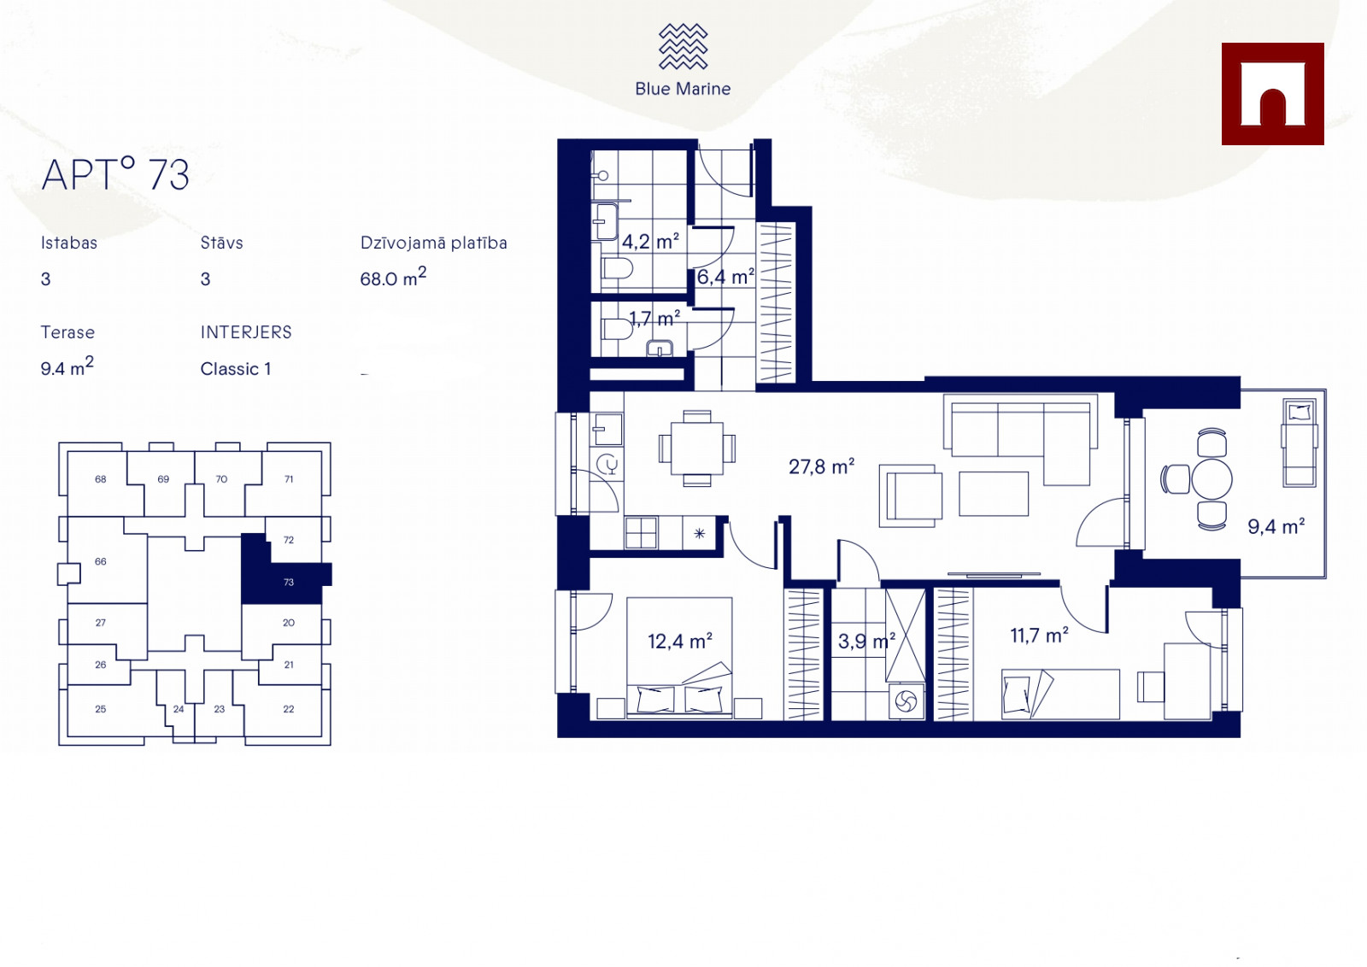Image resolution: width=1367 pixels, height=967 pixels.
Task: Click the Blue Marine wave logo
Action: point(683,46)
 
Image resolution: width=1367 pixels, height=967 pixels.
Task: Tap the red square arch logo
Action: point(1272,94)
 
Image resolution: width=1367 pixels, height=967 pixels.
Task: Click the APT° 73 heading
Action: point(115,174)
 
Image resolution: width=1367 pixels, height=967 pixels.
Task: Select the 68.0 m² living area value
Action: point(393,277)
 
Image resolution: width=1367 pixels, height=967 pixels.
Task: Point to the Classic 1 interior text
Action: point(236,369)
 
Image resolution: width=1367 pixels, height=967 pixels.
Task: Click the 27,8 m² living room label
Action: point(821,466)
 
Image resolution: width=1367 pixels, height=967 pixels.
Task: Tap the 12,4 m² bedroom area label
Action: point(680,642)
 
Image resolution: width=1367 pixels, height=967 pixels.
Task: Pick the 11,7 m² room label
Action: point(1039,636)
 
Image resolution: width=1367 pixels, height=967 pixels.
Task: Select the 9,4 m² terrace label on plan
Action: point(1276,526)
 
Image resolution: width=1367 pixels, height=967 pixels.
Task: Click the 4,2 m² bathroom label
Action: point(650,242)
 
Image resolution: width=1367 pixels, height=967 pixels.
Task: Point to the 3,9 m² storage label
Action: point(866,642)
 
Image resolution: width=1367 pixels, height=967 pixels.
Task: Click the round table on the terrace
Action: point(1212,479)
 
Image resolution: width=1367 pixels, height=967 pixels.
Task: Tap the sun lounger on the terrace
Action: point(1300,443)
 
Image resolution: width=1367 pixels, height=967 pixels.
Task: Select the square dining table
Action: point(697,448)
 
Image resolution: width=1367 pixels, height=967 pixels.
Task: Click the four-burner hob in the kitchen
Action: point(642,532)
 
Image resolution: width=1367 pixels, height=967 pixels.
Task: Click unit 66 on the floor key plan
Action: point(101,561)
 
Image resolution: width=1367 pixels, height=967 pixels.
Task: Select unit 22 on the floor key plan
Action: point(289,709)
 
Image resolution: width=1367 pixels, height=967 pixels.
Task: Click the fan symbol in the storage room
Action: point(906,701)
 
